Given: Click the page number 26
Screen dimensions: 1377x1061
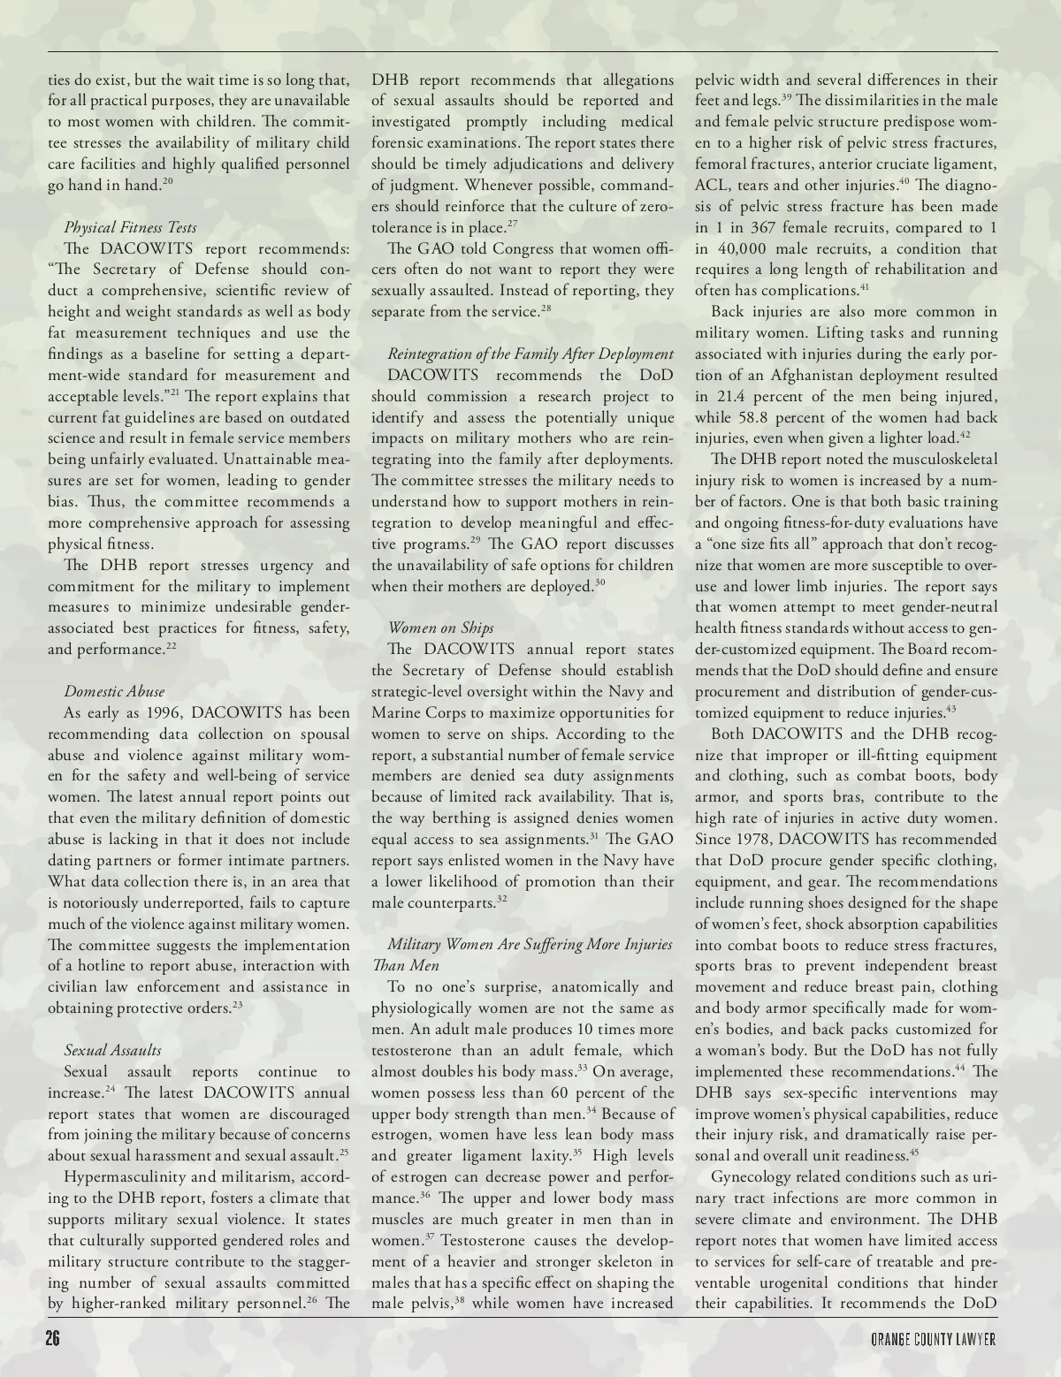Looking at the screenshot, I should (52, 1339).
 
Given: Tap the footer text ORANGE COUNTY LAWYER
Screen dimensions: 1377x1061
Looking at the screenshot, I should (934, 1340).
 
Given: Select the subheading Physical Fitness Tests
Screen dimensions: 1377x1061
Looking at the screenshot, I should (130, 227).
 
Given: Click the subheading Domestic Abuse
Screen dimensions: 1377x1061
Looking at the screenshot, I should (114, 691).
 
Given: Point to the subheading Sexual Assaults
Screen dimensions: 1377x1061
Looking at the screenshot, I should (112, 1050).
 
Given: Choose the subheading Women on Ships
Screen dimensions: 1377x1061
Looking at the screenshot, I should (440, 628).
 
